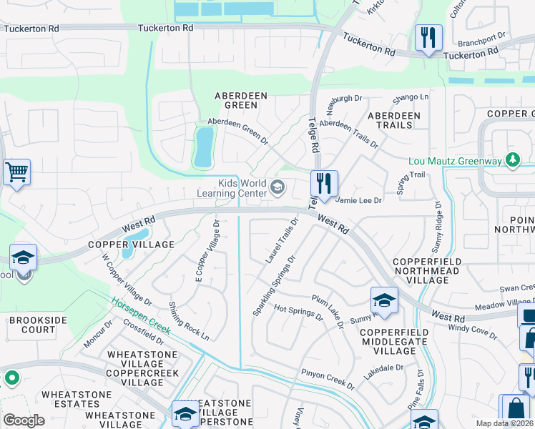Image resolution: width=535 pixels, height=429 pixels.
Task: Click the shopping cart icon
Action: (16, 172)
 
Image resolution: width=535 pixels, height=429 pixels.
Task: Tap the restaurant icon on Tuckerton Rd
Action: (428, 38)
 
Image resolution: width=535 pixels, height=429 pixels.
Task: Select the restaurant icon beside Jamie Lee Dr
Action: (324, 184)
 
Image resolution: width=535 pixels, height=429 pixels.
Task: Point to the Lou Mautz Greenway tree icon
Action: (512, 160)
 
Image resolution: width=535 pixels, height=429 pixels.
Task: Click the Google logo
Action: (24, 420)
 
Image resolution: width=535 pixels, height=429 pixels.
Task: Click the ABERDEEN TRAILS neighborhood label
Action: (390, 120)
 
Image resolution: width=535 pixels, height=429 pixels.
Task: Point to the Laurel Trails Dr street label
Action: (281, 240)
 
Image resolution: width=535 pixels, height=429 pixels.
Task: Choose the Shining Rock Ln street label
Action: (189, 321)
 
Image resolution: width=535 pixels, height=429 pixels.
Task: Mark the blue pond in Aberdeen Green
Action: (203, 146)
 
